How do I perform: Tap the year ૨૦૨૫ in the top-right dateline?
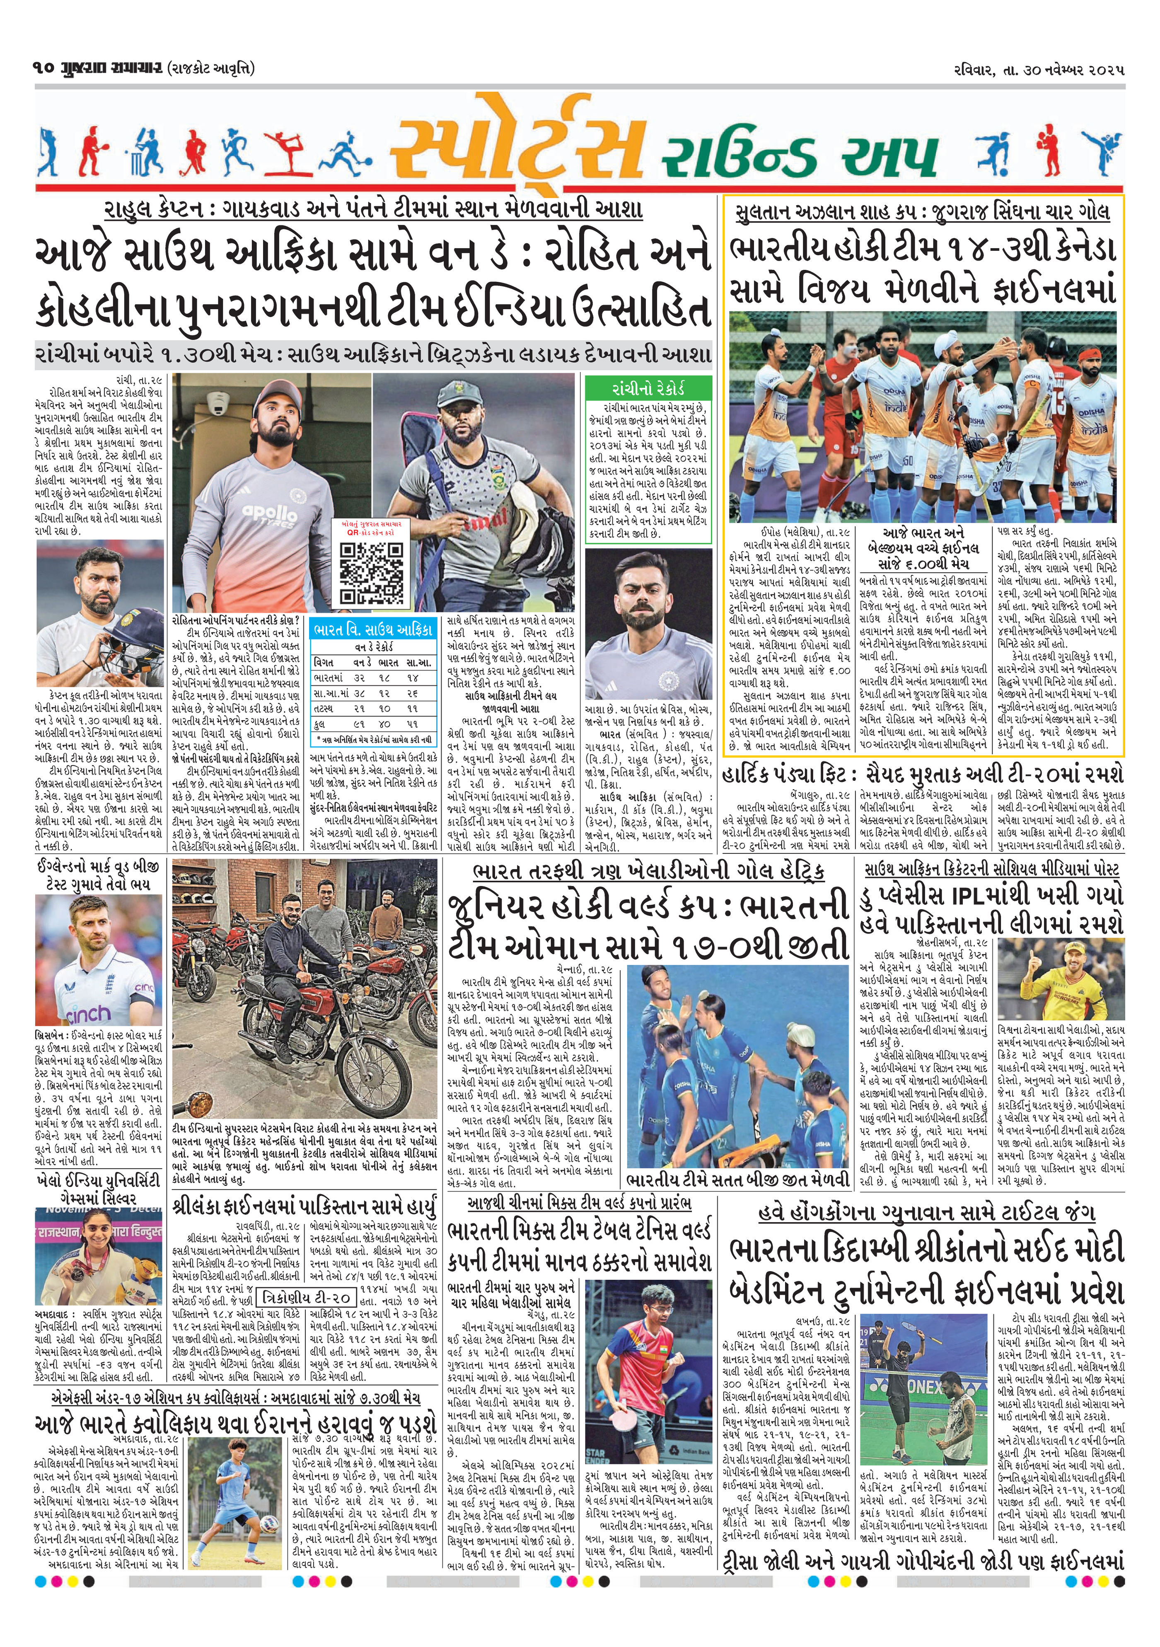(x=1104, y=70)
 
